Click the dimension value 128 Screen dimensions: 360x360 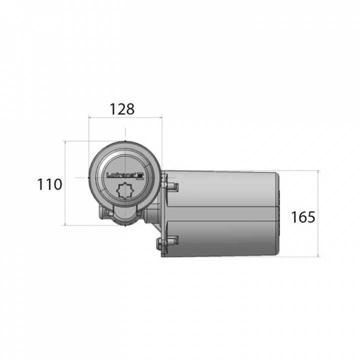pos(122,109)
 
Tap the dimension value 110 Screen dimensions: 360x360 pos(49,184)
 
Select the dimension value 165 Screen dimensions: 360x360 pos(303,217)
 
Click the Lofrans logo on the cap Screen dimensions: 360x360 pos(125,175)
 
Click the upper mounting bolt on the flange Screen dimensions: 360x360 pos(171,186)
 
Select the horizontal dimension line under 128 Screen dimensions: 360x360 pos(125,118)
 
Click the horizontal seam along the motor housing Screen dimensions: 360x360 pos(225,207)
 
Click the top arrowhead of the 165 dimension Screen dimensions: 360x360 pos(318,171)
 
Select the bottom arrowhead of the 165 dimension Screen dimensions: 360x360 pos(318,255)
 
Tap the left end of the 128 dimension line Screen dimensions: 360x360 pos(88,118)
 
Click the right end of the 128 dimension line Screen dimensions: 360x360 pos(162,118)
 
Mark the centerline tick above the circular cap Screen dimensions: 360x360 pos(125,132)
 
